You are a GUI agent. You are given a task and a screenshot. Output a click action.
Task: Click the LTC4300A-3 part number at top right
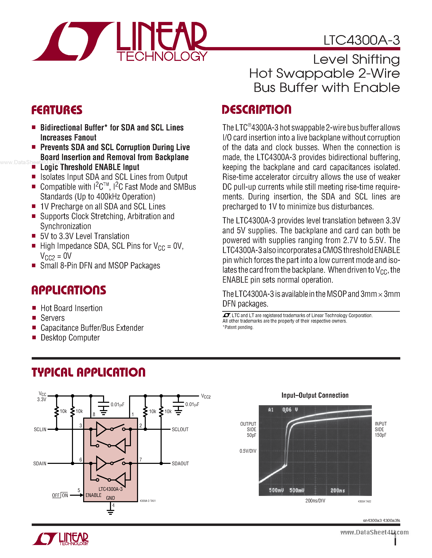pyautogui.click(x=361, y=40)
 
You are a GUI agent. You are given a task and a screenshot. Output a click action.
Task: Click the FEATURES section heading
pyautogui.click(x=57, y=110)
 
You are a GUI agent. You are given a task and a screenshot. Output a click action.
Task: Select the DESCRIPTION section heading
pyautogui.click(x=256, y=110)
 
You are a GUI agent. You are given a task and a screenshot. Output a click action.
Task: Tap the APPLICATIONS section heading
pyautogui.click(x=69, y=290)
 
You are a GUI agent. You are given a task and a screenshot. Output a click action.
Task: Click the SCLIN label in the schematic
pyautogui.click(x=40, y=430)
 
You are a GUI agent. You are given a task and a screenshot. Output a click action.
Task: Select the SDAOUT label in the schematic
pyautogui.click(x=180, y=463)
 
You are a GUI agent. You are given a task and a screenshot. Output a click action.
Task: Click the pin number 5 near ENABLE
pyautogui.click(x=79, y=490)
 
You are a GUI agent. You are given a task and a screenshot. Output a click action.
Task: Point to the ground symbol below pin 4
pyautogui.click(x=111, y=512)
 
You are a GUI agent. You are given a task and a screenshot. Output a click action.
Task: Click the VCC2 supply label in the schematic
pyautogui.click(x=206, y=396)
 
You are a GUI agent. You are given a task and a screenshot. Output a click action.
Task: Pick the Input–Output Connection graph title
pyautogui.click(x=315, y=395)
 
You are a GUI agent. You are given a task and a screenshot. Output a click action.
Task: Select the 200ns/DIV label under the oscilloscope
pyautogui.click(x=315, y=501)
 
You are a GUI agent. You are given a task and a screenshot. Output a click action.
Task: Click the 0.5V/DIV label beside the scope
pyautogui.click(x=248, y=451)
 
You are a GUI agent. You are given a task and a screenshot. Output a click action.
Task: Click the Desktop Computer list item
pyautogui.click(x=70, y=338)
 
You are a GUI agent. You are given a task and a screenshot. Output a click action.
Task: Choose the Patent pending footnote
pyautogui.click(x=238, y=327)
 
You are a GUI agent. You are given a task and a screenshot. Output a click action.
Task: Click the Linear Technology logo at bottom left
pyautogui.click(x=60, y=539)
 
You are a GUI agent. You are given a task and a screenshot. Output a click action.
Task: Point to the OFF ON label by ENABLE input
pyautogui.click(x=60, y=496)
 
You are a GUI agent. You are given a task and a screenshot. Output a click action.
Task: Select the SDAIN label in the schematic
pyautogui.click(x=40, y=463)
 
